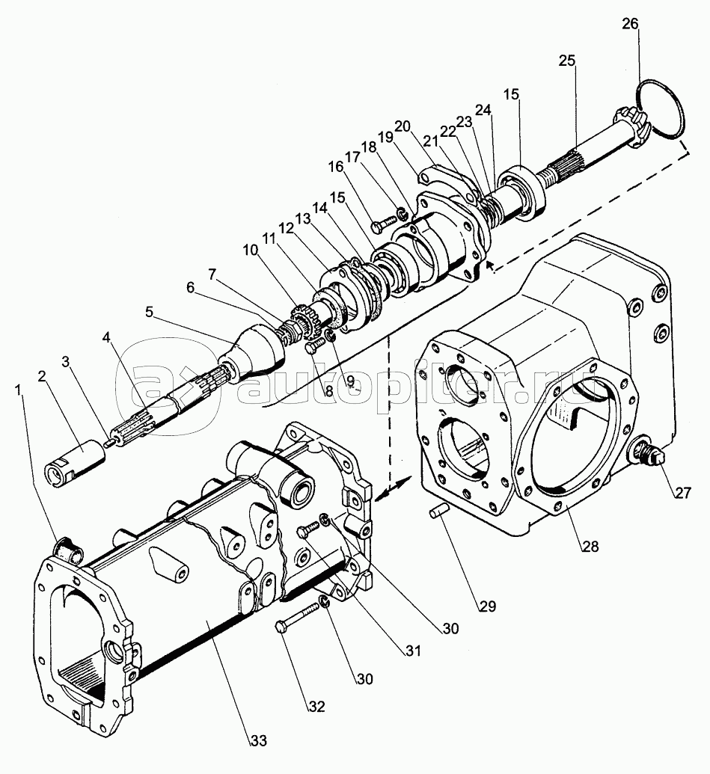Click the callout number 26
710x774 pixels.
point(630,24)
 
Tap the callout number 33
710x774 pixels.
point(258,740)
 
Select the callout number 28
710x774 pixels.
point(591,547)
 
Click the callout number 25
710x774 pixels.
point(566,61)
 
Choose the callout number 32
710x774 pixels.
point(318,706)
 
